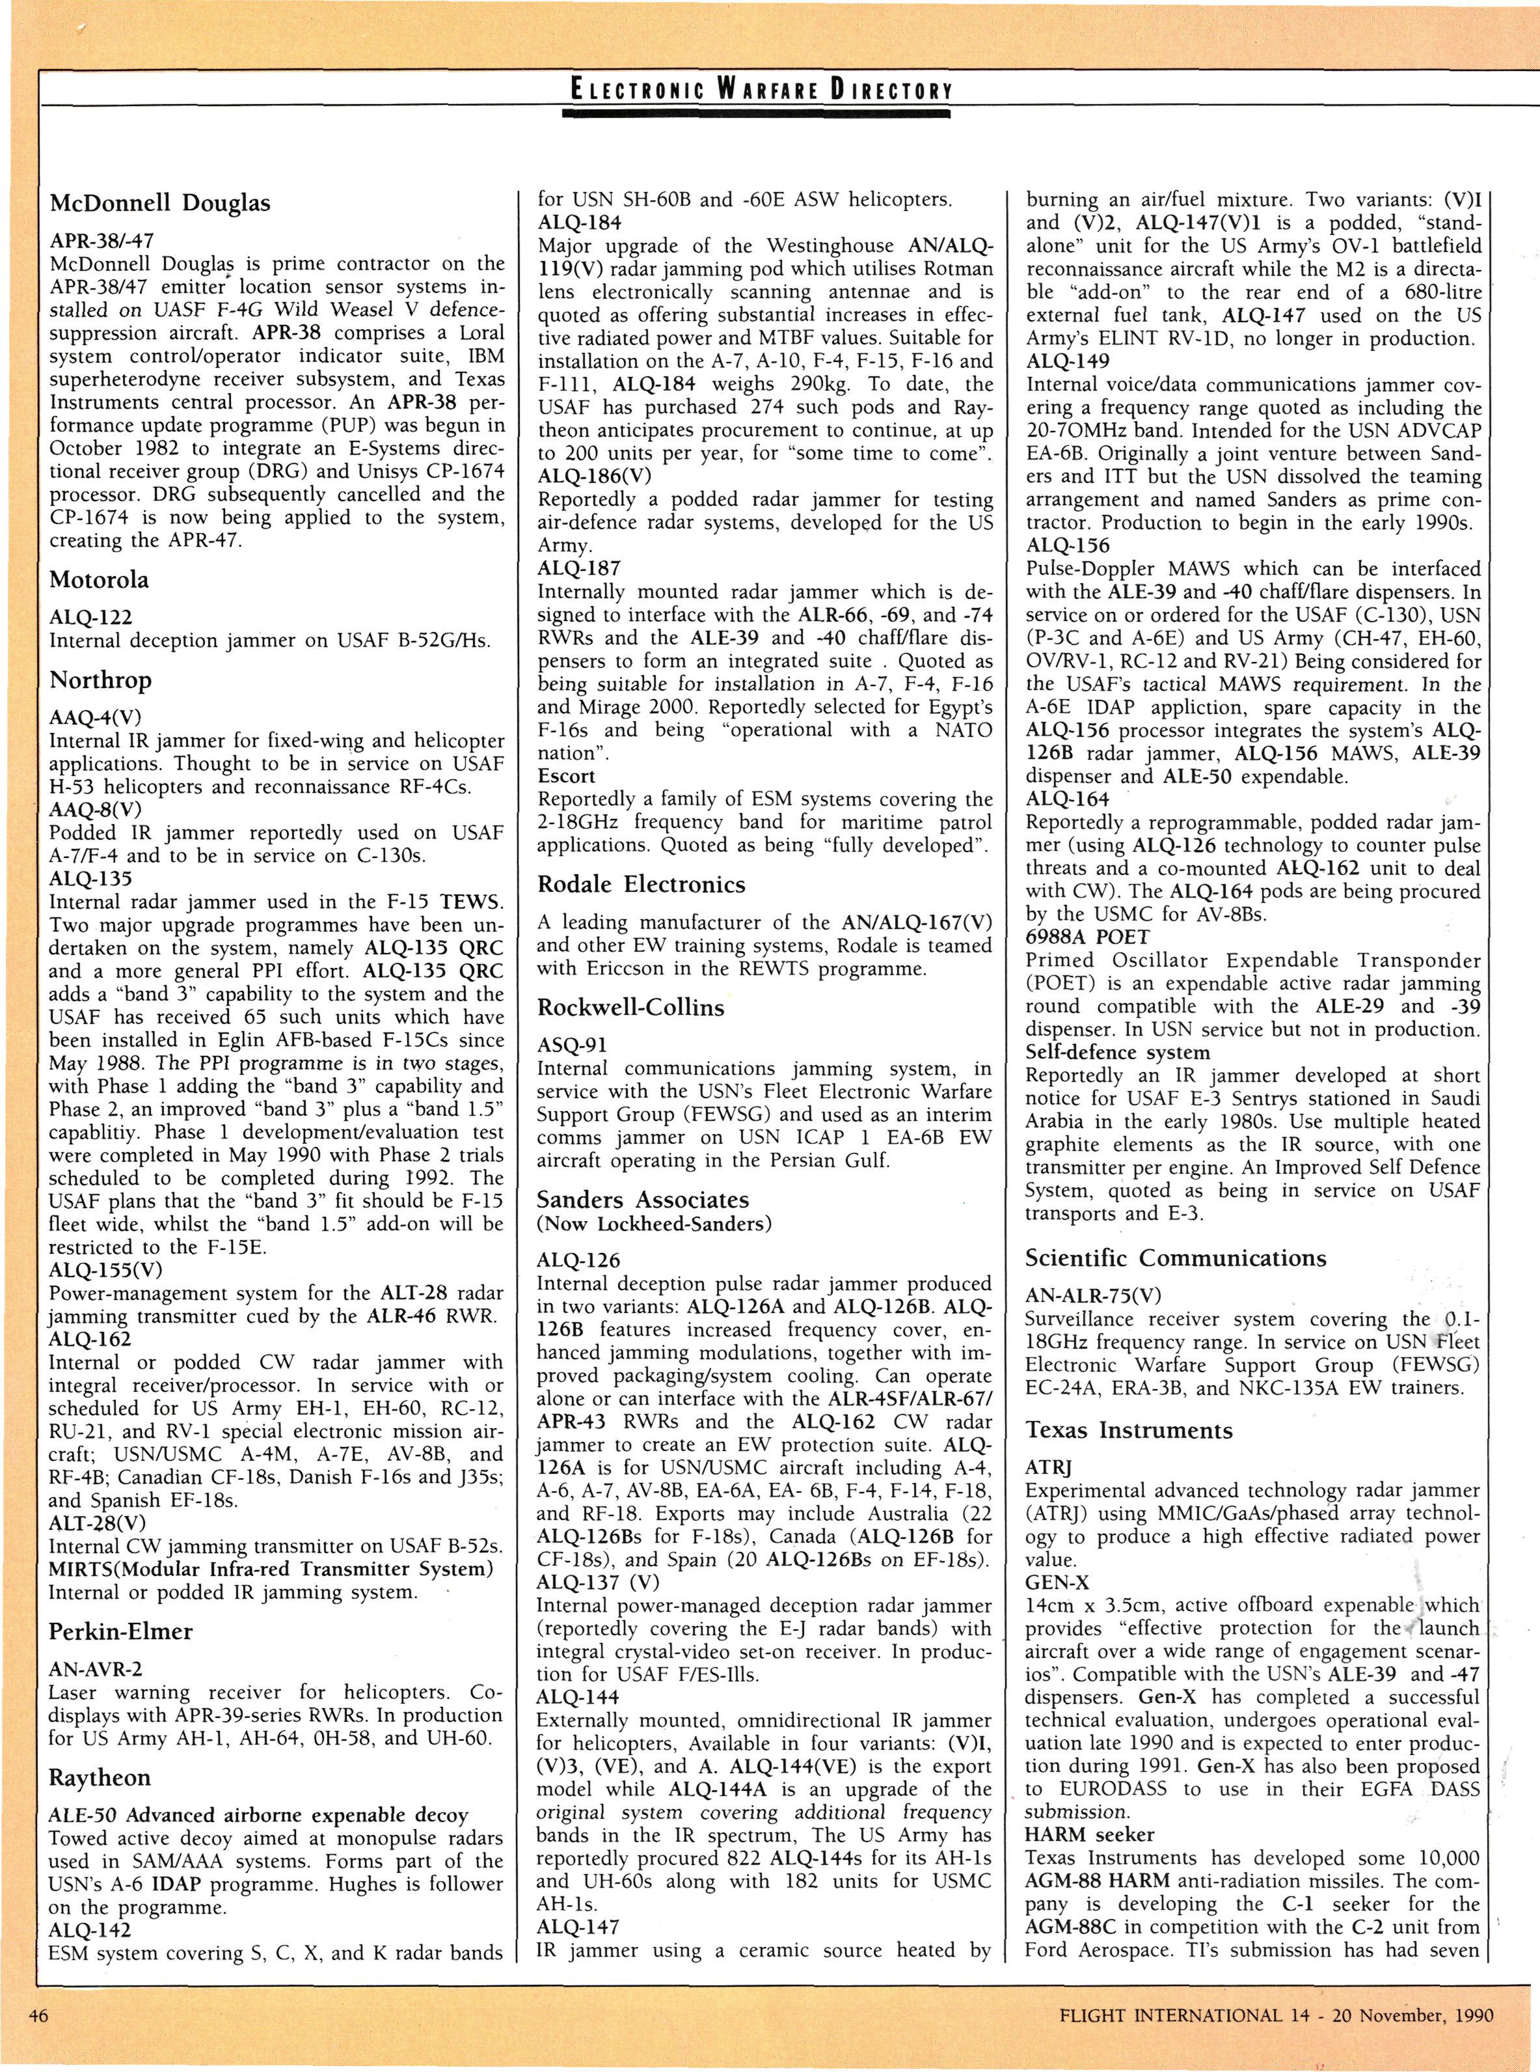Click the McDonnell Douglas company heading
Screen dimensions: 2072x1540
tap(159, 203)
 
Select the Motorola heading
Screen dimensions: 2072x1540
tap(99, 580)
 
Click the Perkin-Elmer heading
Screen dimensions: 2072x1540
tap(120, 1631)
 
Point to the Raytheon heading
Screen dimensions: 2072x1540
tap(99, 1777)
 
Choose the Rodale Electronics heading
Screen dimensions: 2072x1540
tap(642, 883)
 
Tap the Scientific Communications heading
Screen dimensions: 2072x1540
tap(1176, 1258)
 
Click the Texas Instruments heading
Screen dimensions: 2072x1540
tap(1129, 1430)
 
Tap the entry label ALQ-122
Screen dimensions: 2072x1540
tap(90, 616)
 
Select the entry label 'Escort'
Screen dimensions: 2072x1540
tap(566, 776)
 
